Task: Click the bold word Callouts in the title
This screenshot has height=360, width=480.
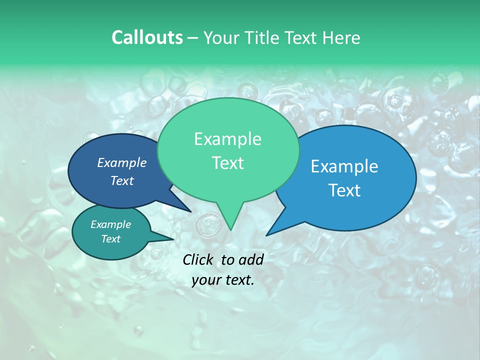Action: (x=147, y=37)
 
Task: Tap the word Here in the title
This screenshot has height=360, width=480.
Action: (x=342, y=37)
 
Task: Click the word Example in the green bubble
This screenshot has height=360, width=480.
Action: (x=227, y=139)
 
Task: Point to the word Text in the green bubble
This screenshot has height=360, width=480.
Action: (x=227, y=163)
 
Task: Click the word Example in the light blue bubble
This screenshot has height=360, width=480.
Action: (x=344, y=166)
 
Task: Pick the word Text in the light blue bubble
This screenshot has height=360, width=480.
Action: (x=344, y=190)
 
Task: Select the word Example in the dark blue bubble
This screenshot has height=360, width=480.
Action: (x=122, y=162)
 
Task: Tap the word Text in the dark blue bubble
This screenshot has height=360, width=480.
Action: (x=122, y=180)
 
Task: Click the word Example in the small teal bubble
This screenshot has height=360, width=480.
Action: (x=111, y=224)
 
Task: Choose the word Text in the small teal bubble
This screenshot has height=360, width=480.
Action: (x=111, y=239)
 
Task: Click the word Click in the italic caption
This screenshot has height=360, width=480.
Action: (x=199, y=259)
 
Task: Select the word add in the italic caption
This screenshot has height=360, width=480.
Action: (x=250, y=259)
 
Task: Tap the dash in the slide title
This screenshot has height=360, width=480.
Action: (x=193, y=38)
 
